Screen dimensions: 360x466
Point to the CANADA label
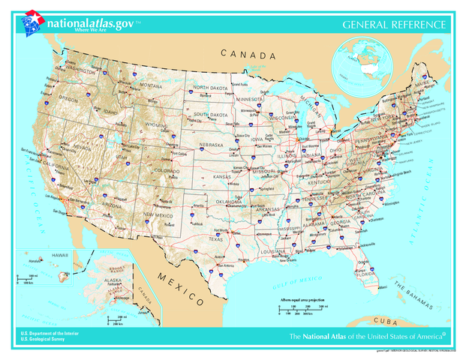tap(248, 55)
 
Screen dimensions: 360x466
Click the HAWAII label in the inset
tap(60, 256)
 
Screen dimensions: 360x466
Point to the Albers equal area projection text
tap(304, 299)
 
